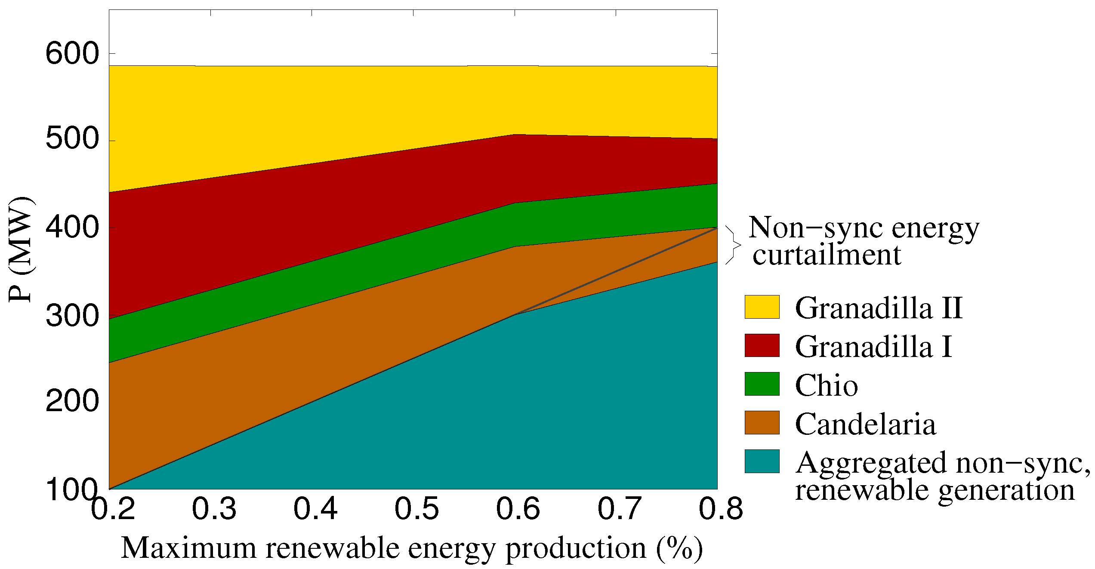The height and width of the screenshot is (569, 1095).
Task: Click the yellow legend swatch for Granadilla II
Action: coord(762,307)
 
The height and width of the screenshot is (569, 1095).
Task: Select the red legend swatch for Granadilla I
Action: coord(762,345)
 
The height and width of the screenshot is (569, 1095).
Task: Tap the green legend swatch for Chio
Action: coord(762,384)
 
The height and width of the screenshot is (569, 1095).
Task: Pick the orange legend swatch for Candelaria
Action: coord(762,422)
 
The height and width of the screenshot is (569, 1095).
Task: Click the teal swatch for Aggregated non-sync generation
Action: coord(762,461)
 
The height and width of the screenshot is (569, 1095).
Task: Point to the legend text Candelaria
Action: coord(865,424)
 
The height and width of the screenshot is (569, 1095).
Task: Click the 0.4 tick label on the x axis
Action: coord(315,508)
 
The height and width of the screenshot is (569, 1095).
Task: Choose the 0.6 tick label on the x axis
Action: coord(518,508)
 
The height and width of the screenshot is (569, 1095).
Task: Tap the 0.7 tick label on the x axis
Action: coord(620,508)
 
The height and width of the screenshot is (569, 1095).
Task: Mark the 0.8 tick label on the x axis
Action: coord(721,508)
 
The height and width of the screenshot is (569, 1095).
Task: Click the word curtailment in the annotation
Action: coord(826,255)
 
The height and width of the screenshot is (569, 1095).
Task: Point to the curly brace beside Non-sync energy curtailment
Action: coord(733,245)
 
